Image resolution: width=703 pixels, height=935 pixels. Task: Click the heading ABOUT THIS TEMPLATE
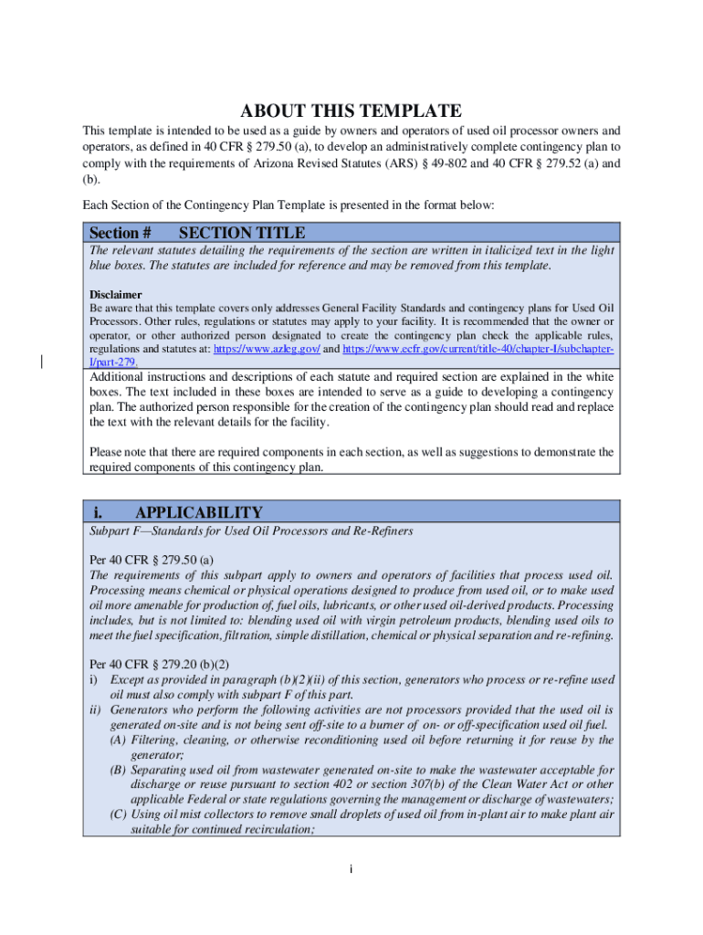pos(351,111)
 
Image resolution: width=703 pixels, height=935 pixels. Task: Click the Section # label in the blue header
pos(120,233)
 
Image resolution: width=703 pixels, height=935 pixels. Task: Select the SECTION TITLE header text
pos(242,233)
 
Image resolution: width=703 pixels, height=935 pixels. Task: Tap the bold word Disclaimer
pos(115,295)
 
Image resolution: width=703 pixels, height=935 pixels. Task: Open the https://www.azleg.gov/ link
pos(266,349)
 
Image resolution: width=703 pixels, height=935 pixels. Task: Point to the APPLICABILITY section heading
pos(198,512)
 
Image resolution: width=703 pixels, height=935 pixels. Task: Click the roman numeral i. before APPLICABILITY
pos(98,512)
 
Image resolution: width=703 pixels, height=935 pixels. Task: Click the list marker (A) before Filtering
pos(118,740)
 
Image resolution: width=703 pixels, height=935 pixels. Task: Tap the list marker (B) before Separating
pos(118,770)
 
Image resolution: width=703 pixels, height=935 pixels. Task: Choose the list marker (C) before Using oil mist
pos(118,814)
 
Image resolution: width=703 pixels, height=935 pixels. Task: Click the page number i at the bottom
pos(351,867)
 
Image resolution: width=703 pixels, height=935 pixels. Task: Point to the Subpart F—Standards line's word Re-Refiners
pos(383,531)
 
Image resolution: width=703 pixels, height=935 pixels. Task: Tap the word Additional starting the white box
pos(119,376)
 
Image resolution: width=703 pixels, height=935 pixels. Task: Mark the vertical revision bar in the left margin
pos(42,360)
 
